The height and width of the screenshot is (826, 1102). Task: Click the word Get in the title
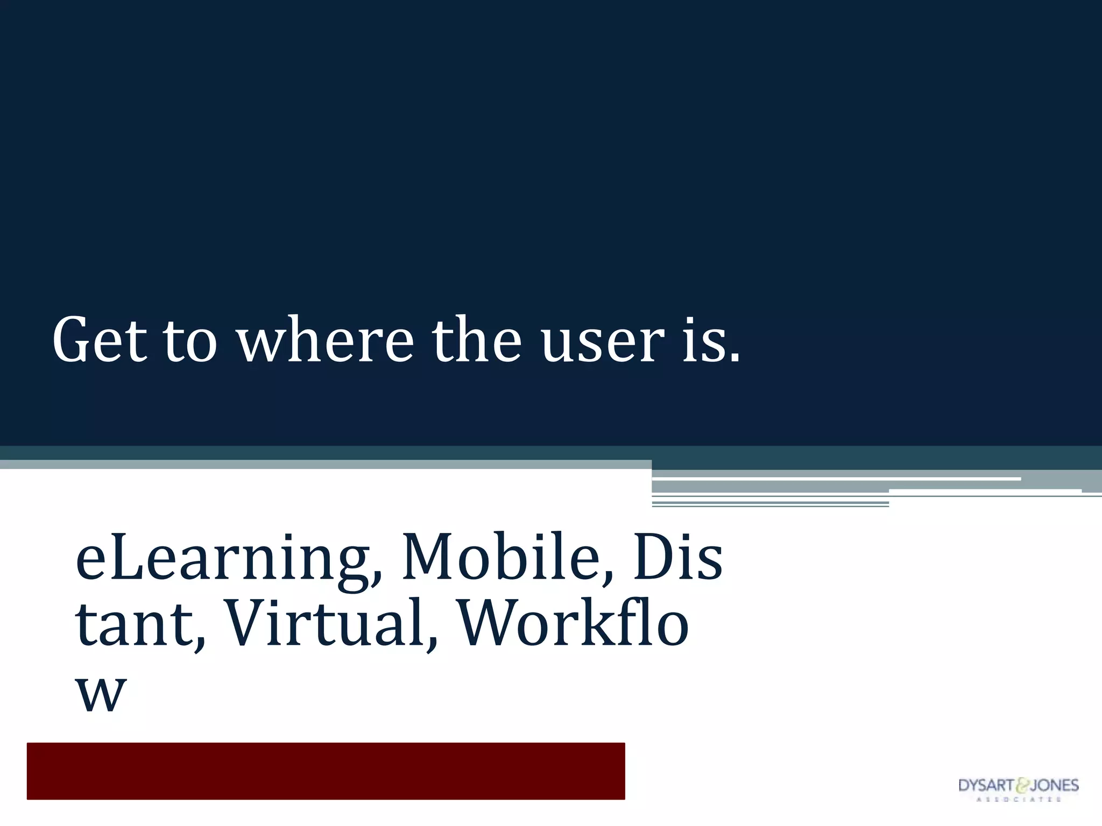pos(100,340)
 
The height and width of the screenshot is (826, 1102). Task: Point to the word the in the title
pos(476,340)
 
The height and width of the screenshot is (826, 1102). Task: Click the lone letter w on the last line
pos(101,694)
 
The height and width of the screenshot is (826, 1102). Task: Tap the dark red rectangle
pos(326,771)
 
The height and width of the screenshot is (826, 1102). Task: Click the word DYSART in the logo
pos(986,786)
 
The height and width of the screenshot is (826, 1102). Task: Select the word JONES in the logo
pos(1054,786)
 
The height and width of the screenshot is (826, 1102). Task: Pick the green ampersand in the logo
pos(1021,786)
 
